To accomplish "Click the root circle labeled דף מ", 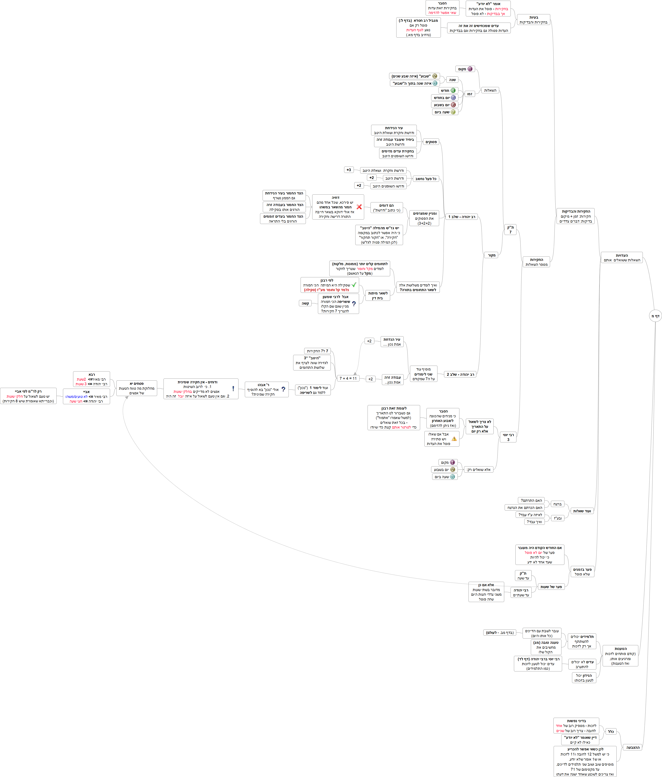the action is coord(655,316).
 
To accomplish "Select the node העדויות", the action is coord(621,258).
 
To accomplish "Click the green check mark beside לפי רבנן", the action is coord(354,285).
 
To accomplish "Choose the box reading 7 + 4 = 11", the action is coord(348,378).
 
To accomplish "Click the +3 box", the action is coord(349,170).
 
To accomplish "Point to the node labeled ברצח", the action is coord(557,504).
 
